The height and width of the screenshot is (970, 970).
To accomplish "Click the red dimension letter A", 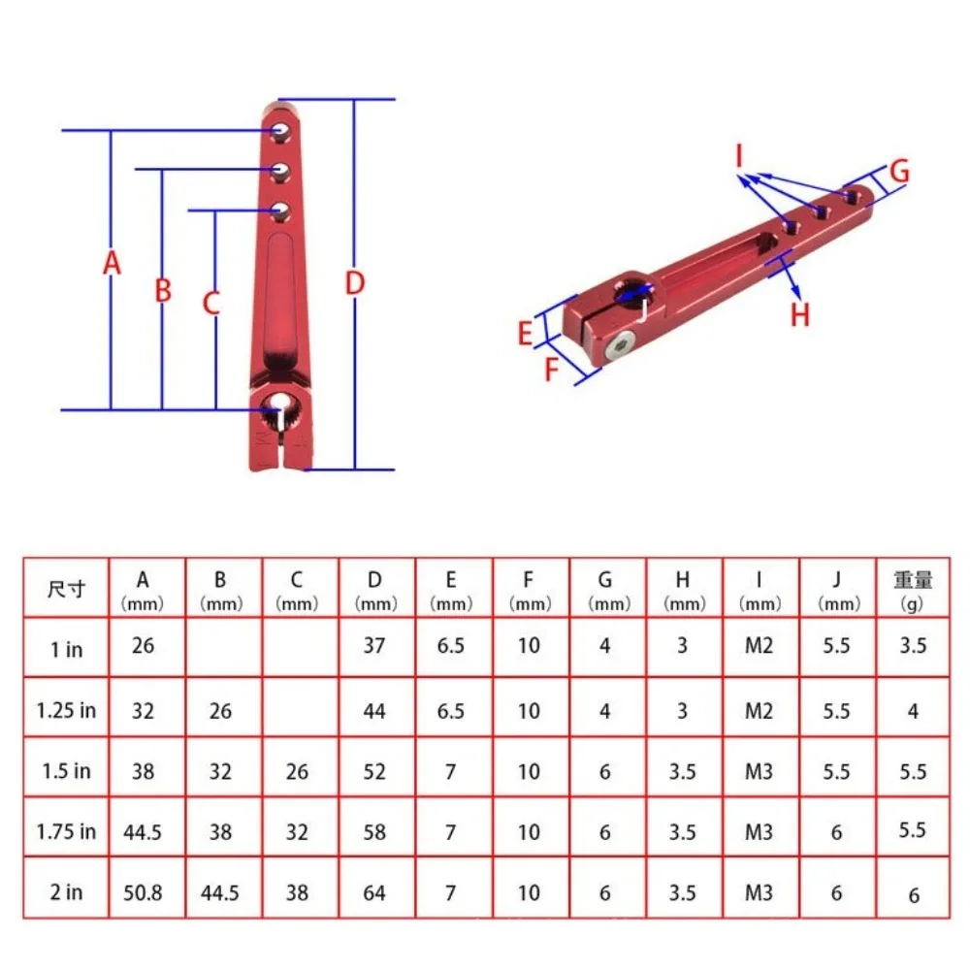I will point(112,263).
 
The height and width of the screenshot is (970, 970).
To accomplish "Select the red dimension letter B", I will point(163,290).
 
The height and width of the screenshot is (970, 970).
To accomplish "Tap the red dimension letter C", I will point(211,304).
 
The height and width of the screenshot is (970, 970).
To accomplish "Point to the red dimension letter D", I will point(355,283).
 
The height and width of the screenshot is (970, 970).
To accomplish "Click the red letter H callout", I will point(799,314).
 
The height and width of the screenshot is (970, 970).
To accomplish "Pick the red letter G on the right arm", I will point(899,172).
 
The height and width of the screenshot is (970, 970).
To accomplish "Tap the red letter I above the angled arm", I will point(738,154).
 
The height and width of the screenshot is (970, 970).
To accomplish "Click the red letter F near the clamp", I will point(552,370).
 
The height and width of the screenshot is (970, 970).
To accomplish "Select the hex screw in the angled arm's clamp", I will point(620,347).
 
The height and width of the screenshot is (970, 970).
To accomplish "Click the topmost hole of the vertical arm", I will point(280,129).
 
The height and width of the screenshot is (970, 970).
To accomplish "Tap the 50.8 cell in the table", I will point(144,891).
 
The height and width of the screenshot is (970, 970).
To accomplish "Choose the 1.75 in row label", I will point(66,831).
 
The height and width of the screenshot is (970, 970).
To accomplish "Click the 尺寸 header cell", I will point(66,589).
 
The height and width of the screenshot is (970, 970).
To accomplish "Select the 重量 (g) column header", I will point(913,589).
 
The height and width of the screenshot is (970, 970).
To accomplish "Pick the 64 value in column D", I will point(374,891).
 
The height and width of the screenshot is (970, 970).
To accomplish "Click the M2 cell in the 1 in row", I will point(760,645).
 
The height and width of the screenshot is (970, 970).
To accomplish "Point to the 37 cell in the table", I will point(374,645).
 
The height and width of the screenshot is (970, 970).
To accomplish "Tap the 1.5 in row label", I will point(66,771).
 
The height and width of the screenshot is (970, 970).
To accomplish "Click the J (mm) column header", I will point(837,589).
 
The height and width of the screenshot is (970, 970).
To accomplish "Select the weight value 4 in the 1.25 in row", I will point(913,710).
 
